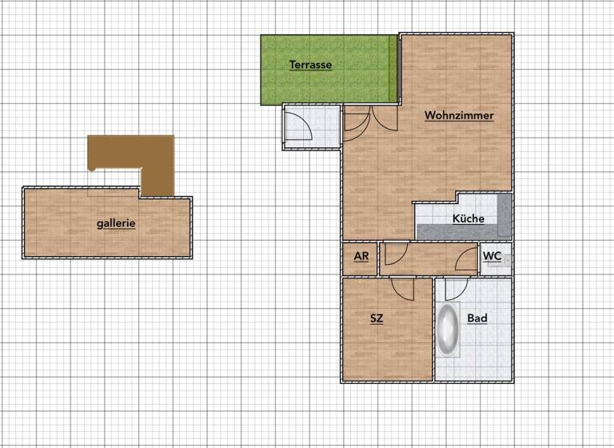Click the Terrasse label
click(310, 65)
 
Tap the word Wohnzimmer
click(459, 115)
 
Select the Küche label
click(468, 218)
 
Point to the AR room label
click(361, 257)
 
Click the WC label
click(492, 256)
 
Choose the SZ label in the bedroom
click(377, 318)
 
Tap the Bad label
click(477, 318)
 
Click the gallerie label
click(116, 224)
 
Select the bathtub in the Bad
click(447, 329)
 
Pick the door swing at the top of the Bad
click(455, 288)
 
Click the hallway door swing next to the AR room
click(395, 254)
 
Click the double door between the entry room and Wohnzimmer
click(370, 119)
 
